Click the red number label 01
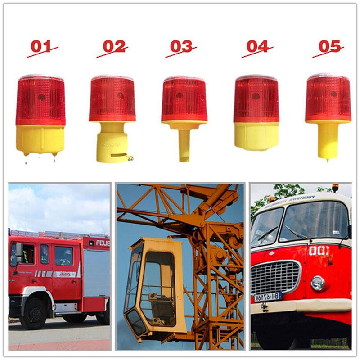[x=41, y=46]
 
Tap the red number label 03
[x=181, y=46]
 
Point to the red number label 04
[x=257, y=46]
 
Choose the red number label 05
[x=328, y=46]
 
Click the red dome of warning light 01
[x=40, y=100]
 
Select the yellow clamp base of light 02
[x=112, y=143]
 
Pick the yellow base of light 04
[x=256, y=136]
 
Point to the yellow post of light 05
[x=328, y=140]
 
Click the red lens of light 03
[x=184, y=99]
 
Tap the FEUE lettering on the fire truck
[x=102, y=243]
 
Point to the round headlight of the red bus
[x=317, y=283]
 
